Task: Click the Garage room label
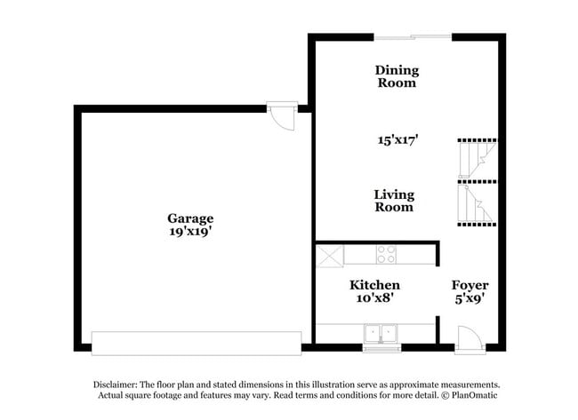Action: (x=190, y=218)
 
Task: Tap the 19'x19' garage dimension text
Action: (x=190, y=232)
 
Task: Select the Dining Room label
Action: (x=397, y=76)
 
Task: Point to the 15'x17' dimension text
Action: (x=397, y=140)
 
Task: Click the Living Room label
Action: (x=394, y=201)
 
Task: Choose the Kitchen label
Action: (x=374, y=285)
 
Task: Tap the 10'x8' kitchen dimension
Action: (x=374, y=297)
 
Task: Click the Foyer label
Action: (x=470, y=285)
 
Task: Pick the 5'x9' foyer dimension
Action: (x=470, y=298)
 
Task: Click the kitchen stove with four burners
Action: (x=386, y=254)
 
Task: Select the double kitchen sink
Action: (x=381, y=334)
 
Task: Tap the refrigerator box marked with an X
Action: (x=330, y=256)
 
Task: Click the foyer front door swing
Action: (x=470, y=339)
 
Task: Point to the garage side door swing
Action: (x=283, y=117)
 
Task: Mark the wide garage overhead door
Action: (x=197, y=344)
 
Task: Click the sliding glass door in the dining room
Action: (x=413, y=36)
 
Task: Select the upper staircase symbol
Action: (x=477, y=161)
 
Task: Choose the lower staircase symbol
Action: (x=477, y=203)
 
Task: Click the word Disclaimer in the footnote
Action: (x=116, y=384)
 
